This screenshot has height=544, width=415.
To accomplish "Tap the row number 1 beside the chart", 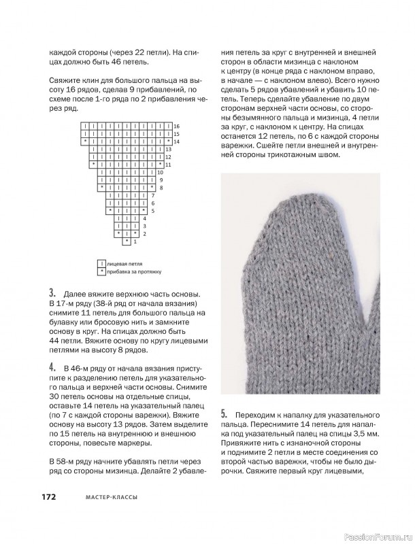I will [x=135, y=241].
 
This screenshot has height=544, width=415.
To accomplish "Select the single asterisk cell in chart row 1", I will [x=127, y=241].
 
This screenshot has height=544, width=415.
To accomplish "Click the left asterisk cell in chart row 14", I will [x=85, y=141].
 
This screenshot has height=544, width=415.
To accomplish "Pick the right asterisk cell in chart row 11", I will [x=159, y=165].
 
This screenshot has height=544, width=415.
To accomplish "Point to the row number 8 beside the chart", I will [x=161, y=188].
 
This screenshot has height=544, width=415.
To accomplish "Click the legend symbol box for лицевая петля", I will [x=102, y=262].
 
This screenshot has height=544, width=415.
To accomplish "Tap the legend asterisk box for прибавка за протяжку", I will [x=102, y=271].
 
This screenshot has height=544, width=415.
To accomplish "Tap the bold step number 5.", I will [x=225, y=413].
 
